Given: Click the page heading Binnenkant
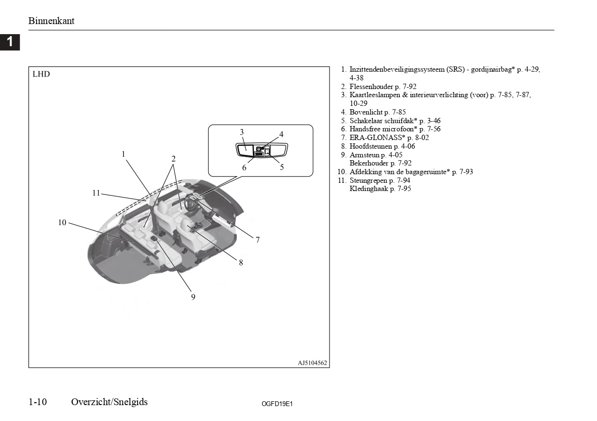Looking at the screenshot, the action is point(51,21).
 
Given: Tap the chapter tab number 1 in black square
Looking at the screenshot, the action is point(10,42).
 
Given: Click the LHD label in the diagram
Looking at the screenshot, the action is point(41,74).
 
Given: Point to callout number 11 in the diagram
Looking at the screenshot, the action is point(96,193).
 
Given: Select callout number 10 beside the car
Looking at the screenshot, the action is point(62,222).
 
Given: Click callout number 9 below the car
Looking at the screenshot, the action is point(193,297).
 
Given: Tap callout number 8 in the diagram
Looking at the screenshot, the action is point(241,263).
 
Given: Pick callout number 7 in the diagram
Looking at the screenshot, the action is point(257,240).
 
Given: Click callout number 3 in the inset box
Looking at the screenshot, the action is point(241,132).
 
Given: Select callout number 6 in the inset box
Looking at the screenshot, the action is point(244,167).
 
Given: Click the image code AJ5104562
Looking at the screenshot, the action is point(312,363).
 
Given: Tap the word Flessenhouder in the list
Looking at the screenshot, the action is point(371,87).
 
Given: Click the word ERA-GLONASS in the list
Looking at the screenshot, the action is point(377,138).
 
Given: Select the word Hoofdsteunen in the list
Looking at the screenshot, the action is point(371,146).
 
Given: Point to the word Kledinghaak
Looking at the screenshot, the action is point(369,189).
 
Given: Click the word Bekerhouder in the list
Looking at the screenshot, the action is point(369,163).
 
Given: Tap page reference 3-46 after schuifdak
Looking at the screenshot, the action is point(433,120).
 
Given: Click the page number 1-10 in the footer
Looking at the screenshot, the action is point(38,402).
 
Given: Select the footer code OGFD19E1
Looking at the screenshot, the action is point(277,404).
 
